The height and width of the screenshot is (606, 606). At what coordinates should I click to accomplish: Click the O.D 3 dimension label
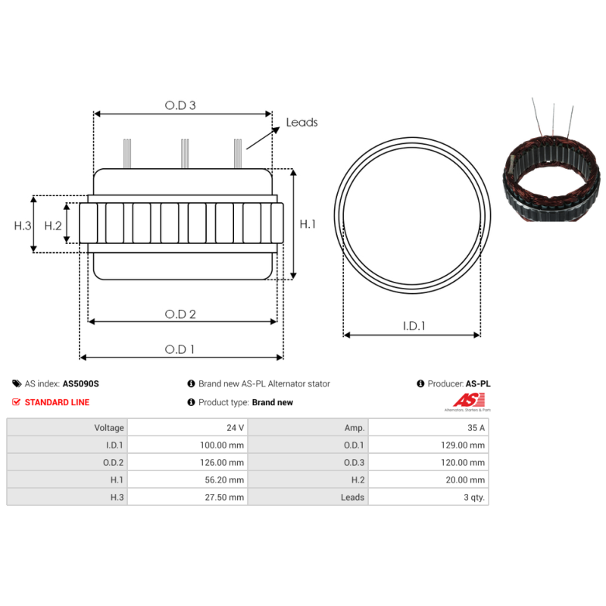point(180,105)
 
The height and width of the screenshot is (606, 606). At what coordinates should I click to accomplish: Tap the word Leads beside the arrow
point(301,123)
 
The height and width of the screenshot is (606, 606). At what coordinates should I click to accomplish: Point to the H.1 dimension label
point(308,224)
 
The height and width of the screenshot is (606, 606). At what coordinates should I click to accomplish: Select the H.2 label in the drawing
point(53,226)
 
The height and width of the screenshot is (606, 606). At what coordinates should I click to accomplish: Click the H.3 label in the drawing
point(23,226)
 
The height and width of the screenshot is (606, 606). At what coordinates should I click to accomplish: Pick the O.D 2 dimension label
point(180,314)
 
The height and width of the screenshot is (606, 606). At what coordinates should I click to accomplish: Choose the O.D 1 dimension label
point(180,349)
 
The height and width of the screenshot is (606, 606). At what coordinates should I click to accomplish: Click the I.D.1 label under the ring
point(414,326)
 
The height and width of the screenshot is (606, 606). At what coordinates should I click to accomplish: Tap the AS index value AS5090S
point(81,384)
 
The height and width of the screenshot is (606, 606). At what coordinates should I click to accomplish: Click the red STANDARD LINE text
point(57,402)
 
